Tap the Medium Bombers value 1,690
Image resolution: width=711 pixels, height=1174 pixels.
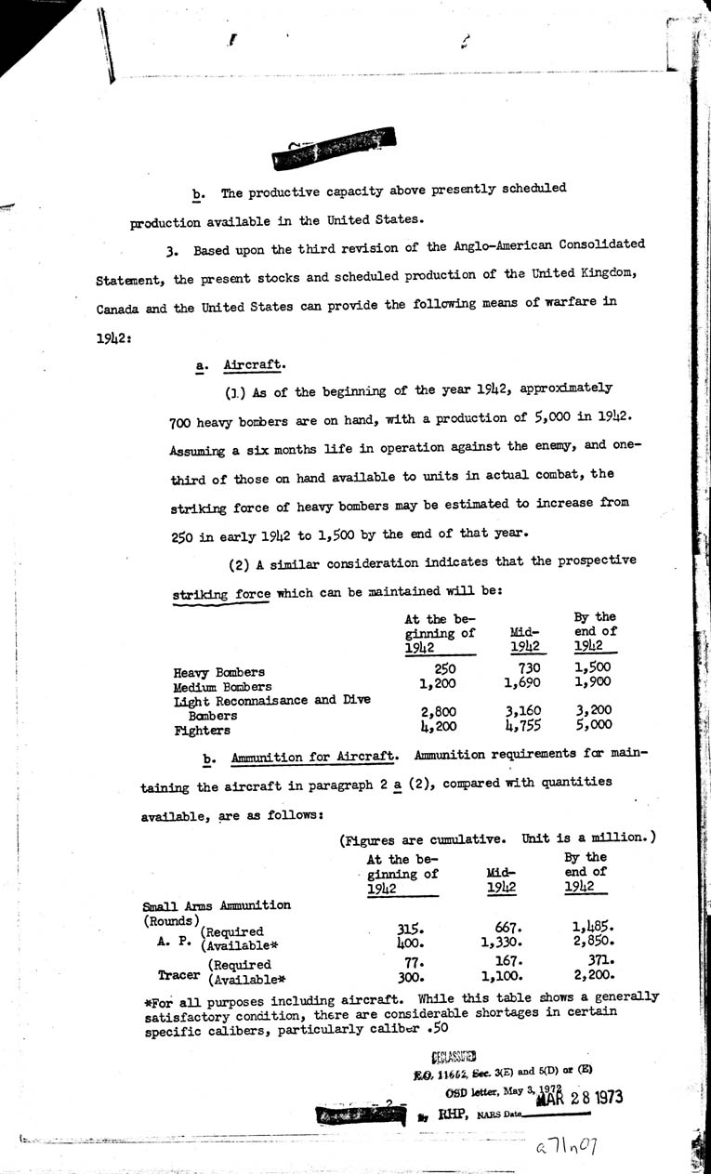coord(522,683)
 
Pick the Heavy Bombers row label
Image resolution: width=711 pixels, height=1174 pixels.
coord(219,671)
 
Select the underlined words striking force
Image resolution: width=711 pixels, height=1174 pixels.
coord(222,593)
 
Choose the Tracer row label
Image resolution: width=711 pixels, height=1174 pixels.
coord(173,971)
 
